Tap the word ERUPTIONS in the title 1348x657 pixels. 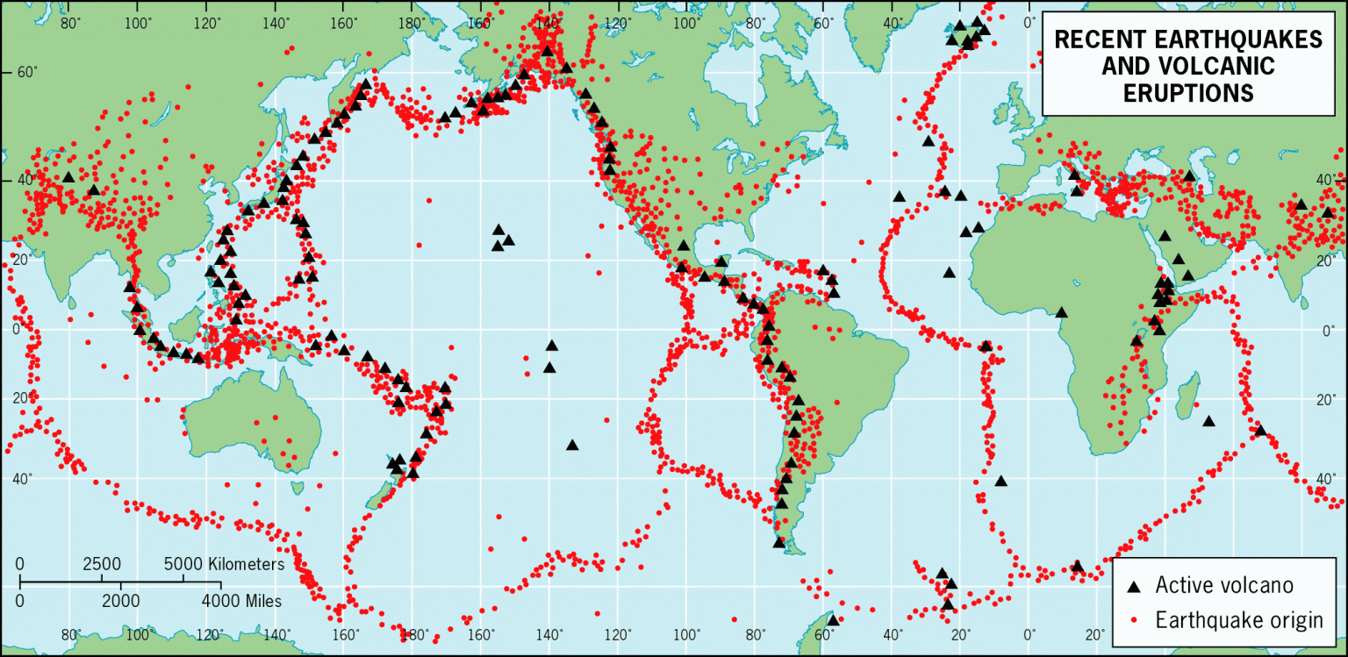pyautogui.click(x=1189, y=93)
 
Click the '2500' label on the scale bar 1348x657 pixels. pyautogui.click(x=102, y=563)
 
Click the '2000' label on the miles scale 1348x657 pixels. pyautogui.click(x=120, y=601)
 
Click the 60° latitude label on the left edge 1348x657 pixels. pyautogui.click(x=28, y=73)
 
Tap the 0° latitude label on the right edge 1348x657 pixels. pyautogui.click(x=1327, y=332)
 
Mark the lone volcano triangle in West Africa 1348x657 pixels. pyautogui.click(x=1061, y=312)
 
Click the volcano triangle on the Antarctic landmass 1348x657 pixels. pyautogui.click(x=832, y=619)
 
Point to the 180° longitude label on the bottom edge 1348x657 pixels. pyautogui.click(x=413, y=635)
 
